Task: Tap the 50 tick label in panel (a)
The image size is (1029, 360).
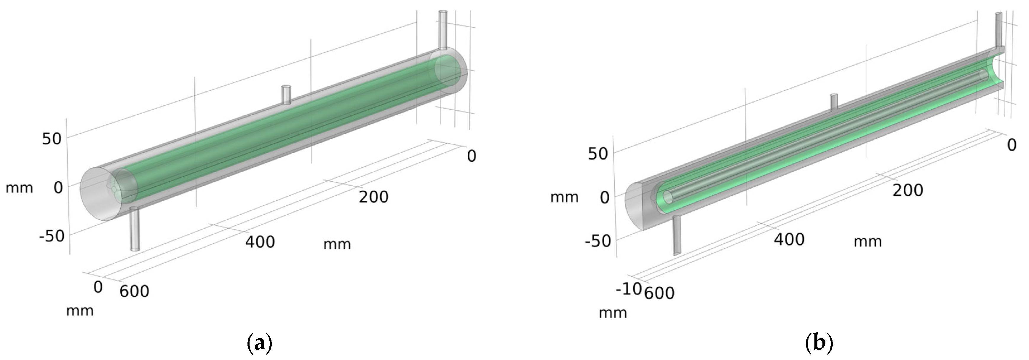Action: [52, 139]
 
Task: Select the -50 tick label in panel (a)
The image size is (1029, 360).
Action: [52, 236]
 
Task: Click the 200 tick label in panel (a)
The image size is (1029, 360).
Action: [373, 197]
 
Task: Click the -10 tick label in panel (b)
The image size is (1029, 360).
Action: [628, 289]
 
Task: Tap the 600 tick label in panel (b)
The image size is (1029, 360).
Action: [659, 293]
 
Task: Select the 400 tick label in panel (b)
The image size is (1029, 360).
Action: [789, 239]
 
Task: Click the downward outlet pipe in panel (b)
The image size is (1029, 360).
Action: [677, 236]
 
